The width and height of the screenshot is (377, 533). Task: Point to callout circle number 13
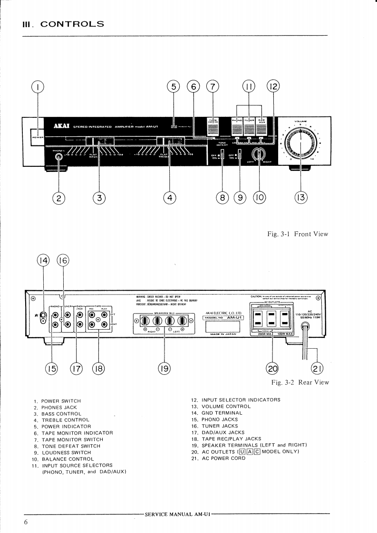(x=300, y=198)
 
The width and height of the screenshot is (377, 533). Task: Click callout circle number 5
(x=174, y=86)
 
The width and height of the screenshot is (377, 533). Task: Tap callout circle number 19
(x=164, y=368)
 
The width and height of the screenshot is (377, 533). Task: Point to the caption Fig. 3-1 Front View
(x=299, y=234)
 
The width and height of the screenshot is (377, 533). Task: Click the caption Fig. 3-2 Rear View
(x=300, y=382)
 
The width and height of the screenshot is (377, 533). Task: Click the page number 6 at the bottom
(x=26, y=523)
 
